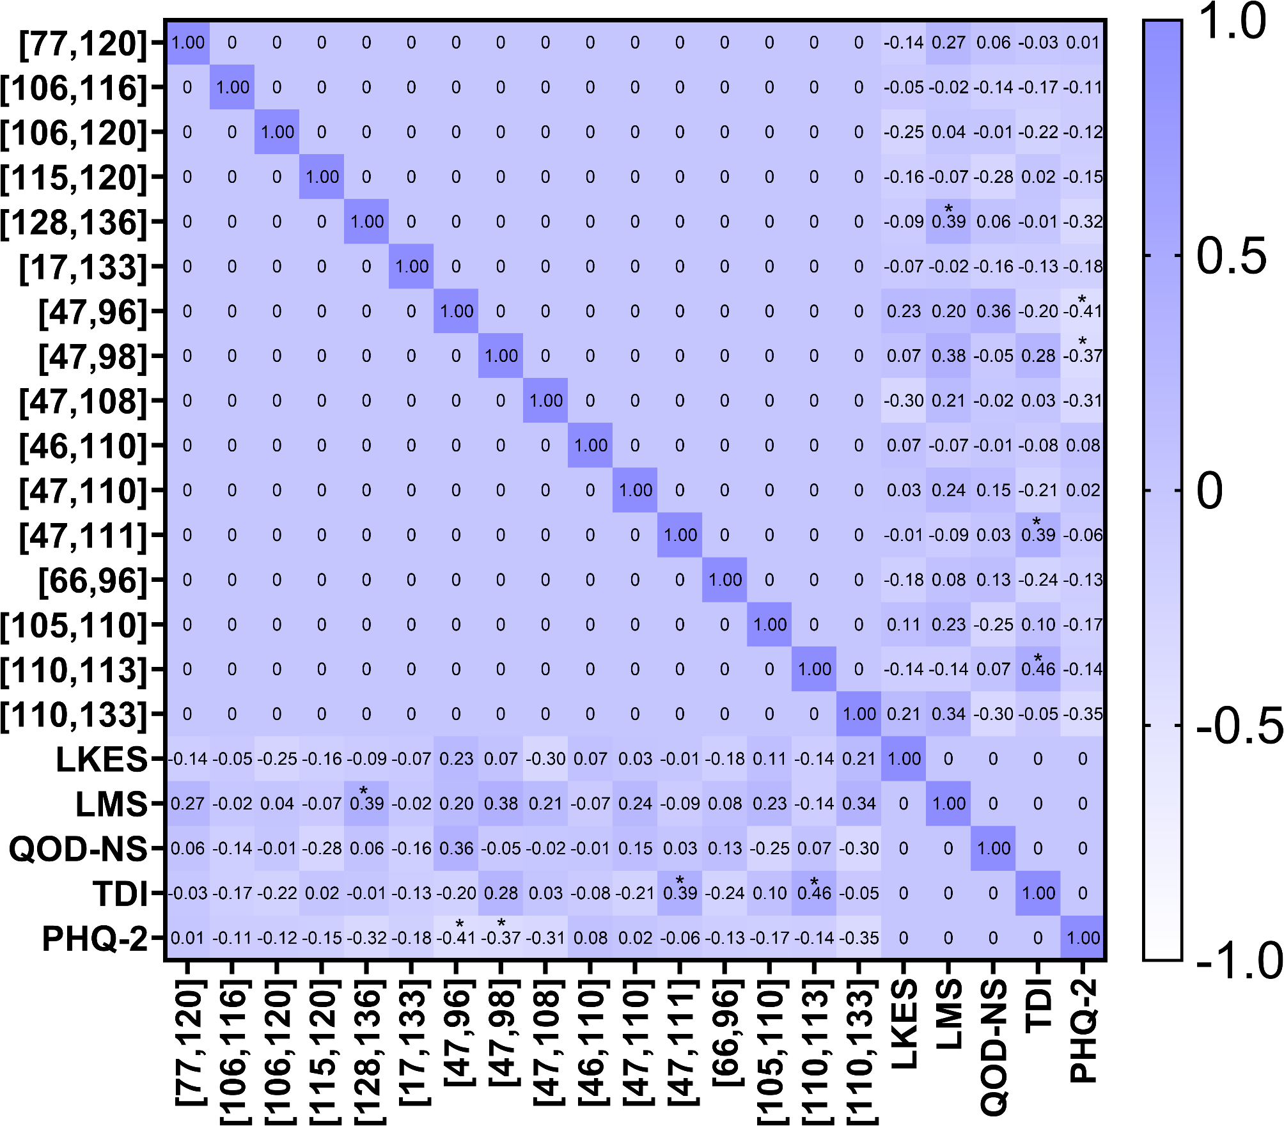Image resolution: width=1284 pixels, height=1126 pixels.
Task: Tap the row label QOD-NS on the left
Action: tap(78, 848)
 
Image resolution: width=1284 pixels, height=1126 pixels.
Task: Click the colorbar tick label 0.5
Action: tap(1231, 256)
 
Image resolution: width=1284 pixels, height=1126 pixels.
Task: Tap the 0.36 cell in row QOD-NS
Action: tap(456, 848)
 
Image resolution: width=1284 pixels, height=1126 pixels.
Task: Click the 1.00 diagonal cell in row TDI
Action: tap(1038, 893)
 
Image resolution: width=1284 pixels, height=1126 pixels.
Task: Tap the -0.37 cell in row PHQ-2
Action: tap(501, 938)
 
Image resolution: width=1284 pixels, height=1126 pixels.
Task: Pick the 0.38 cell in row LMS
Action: tap(501, 804)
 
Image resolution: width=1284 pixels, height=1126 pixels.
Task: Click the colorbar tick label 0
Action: tap(1209, 491)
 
